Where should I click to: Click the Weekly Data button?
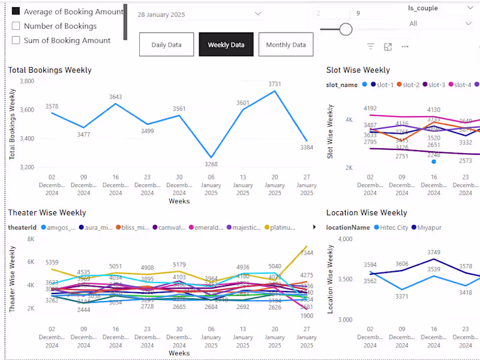tap(226, 45)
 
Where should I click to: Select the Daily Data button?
tap(166, 45)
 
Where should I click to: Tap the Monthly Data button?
tap(286, 45)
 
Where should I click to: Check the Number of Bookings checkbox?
tap(16, 26)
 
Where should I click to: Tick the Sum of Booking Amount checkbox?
tap(16, 40)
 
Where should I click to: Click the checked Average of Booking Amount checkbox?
tap(16, 11)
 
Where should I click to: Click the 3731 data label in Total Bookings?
tap(274, 84)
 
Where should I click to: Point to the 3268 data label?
tap(211, 164)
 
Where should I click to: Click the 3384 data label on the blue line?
tap(307, 147)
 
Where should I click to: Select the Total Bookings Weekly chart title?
tap(50, 70)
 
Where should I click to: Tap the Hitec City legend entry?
tap(391, 228)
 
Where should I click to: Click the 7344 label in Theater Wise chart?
tap(307, 253)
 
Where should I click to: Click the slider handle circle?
tap(346, 29)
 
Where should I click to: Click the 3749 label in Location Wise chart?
tap(434, 253)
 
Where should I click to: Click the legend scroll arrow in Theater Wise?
tap(314, 227)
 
